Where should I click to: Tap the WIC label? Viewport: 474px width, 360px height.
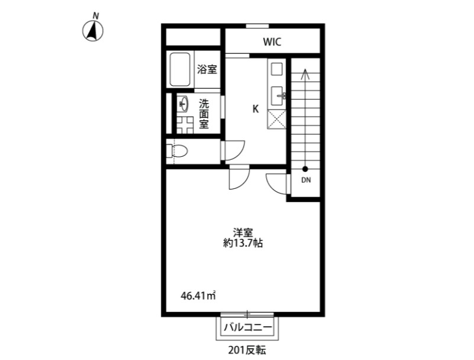272,42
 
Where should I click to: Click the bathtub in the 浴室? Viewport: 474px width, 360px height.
180,70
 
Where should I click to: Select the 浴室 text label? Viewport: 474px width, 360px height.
207,70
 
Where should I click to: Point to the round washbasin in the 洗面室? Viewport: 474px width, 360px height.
183,104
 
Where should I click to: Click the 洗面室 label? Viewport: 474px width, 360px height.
204,114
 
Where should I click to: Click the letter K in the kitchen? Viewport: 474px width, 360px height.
256,109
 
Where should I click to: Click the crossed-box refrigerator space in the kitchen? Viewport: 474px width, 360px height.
276,120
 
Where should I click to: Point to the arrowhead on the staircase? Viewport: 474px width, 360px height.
305,73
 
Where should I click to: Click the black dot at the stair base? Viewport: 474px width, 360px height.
305,169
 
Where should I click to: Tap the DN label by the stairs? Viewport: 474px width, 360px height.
306,180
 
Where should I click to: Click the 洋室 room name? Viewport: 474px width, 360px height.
243,233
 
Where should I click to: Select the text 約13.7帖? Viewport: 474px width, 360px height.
243,243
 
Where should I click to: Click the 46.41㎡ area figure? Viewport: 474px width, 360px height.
198,295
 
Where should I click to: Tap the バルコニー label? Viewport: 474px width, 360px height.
247,327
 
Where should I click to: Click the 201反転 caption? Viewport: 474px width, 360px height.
247,351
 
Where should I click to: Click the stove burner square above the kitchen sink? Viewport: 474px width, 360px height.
276,70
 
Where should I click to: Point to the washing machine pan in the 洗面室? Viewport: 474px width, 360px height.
185,125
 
